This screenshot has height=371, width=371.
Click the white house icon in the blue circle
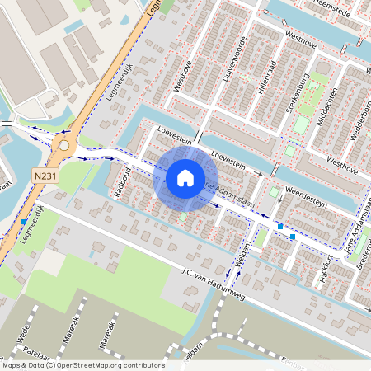185,177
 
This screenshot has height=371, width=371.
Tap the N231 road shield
46,176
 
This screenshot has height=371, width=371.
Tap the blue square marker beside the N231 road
23,221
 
